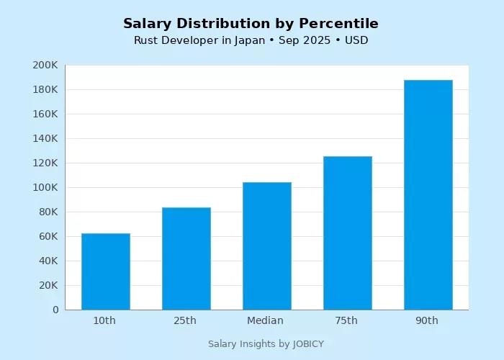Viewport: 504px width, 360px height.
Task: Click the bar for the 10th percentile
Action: tap(105, 271)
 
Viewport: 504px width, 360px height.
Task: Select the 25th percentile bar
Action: tap(186, 258)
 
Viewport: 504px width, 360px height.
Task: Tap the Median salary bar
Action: tap(266, 246)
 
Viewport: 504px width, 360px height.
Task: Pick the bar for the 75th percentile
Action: tap(347, 233)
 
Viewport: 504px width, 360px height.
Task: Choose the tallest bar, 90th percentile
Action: tap(428, 194)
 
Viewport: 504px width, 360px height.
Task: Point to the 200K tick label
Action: tap(45, 66)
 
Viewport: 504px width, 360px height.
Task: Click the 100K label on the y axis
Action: tap(45, 188)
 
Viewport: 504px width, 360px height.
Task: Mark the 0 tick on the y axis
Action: tap(55, 310)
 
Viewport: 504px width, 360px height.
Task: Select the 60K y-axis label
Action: tap(48, 237)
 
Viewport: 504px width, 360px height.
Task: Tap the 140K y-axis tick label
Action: tap(45, 139)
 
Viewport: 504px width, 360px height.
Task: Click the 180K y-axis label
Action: tap(45, 90)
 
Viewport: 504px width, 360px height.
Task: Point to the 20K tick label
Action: tap(48, 286)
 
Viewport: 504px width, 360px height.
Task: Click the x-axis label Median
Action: tap(266, 321)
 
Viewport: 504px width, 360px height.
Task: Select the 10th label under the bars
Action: tap(104, 321)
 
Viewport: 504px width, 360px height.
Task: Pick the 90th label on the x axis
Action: tap(427, 321)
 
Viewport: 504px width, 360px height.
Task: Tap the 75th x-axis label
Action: tap(346, 321)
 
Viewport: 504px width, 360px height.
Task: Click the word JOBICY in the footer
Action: tap(308, 344)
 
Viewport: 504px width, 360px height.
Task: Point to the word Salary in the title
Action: tap(148, 24)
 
